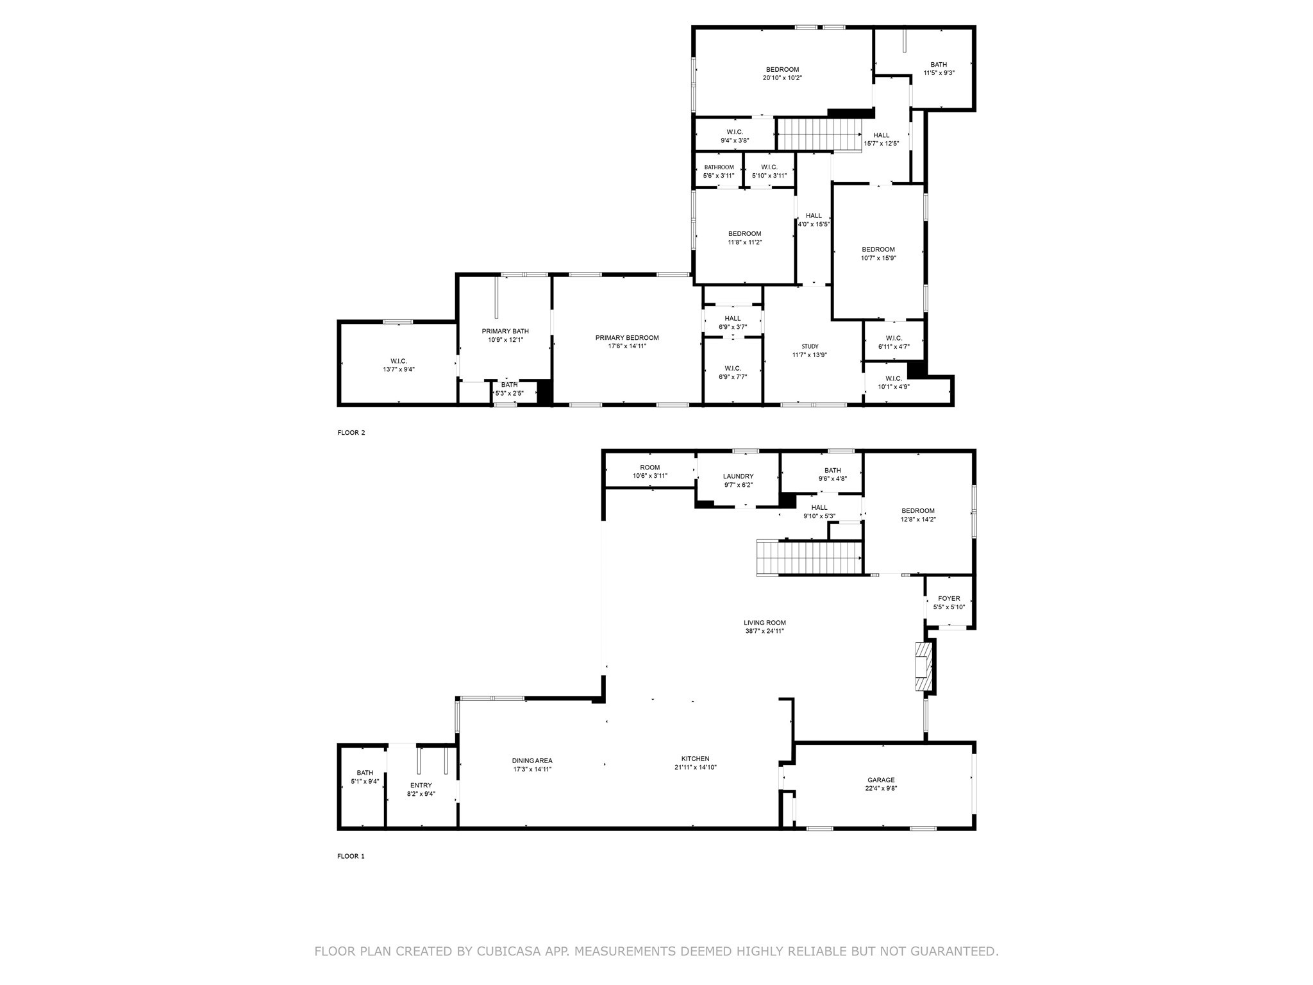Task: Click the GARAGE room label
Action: [x=881, y=780]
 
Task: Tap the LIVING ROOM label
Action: [x=764, y=623]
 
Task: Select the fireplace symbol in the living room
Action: [x=923, y=667]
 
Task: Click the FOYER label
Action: [x=949, y=598]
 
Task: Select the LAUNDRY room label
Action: [x=738, y=476]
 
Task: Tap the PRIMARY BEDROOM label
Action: [x=626, y=338]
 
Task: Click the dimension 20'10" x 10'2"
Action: [x=782, y=78]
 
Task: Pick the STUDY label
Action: [x=810, y=346]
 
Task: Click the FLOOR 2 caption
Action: [x=351, y=433]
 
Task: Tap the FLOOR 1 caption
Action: [x=351, y=856]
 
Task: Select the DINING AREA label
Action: [x=532, y=761]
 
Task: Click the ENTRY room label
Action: [x=421, y=785]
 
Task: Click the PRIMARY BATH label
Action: [x=505, y=331]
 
